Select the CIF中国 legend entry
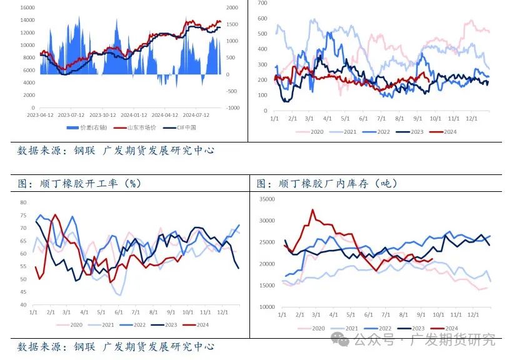pyautogui.click(x=184, y=127)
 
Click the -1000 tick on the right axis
pyautogui.click(x=233, y=108)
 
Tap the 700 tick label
pyautogui.click(x=262, y=3)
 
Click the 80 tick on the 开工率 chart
pyautogui.click(x=23, y=202)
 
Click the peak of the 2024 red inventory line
pyautogui.click(x=313, y=210)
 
